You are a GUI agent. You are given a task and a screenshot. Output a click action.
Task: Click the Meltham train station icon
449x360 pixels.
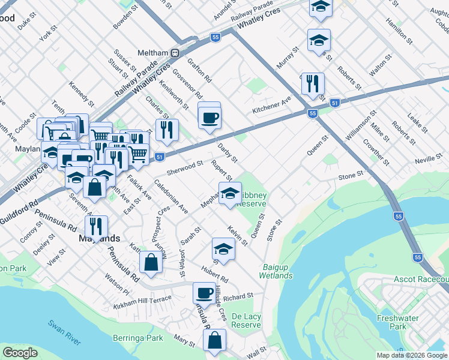[175, 53]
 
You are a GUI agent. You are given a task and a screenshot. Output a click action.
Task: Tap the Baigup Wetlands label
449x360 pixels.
[276, 271]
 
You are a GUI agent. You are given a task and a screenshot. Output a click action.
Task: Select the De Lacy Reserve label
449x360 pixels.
[246, 320]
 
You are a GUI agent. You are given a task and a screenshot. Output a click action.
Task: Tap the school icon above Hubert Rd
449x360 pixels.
[223, 248]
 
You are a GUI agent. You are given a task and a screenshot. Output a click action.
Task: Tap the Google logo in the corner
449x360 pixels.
[20, 352]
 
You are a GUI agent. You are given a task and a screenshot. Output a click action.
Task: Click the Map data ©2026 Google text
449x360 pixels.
[412, 355]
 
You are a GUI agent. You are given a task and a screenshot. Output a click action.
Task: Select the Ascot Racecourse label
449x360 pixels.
[421, 280]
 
